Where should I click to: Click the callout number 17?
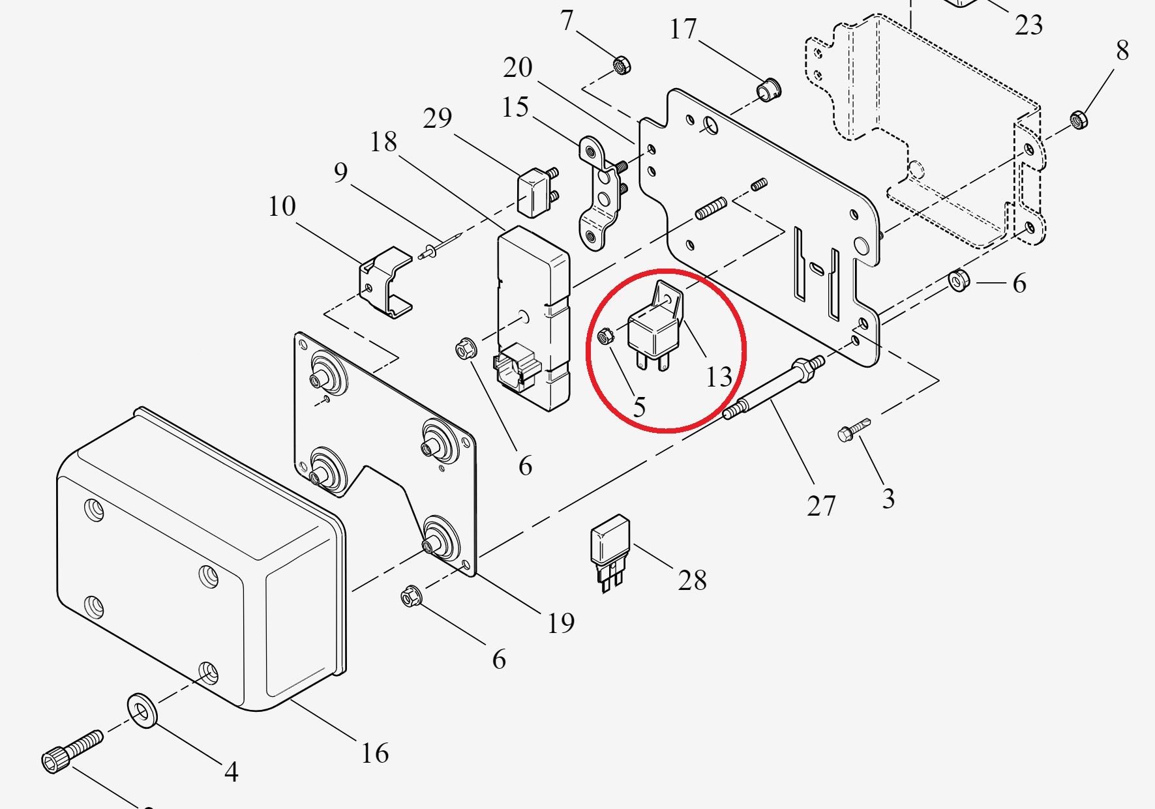(x=683, y=29)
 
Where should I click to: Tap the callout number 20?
(x=517, y=67)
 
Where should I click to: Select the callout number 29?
(x=437, y=118)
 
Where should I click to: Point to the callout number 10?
(x=282, y=207)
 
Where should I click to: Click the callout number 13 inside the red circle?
(x=719, y=377)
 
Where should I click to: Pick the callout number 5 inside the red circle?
(x=639, y=407)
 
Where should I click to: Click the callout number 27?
(x=820, y=505)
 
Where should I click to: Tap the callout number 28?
(x=692, y=580)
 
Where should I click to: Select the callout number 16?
(x=375, y=753)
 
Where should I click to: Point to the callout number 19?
(x=561, y=623)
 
